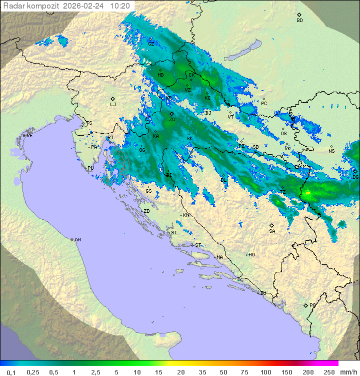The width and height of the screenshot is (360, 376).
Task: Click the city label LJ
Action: click(x=113, y=105)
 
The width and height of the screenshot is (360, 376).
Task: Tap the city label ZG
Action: click(x=172, y=120)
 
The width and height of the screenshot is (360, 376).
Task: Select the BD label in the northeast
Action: click(x=299, y=21)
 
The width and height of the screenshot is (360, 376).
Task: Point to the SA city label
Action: click(x=272, y=231)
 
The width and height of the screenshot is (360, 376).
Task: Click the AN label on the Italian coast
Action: click(x=77, y=240)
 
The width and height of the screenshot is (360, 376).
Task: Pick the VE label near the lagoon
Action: click(x=29, y=136)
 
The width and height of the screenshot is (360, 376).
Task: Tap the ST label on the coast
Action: click(x=198, y=245)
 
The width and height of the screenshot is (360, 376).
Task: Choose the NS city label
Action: click(x=331, y=151)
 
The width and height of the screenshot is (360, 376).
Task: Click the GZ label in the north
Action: click(x=151, y=44)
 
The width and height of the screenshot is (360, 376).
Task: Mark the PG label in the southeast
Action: click(x=312, y=305)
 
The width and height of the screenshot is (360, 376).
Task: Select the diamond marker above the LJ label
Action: click(x=113, y=99)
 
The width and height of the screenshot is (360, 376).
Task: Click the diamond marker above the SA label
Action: click(x=272, y=225)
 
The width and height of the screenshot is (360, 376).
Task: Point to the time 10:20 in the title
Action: click(x=120, y=6)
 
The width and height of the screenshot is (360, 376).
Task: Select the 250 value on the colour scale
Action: click(x=329, y=372)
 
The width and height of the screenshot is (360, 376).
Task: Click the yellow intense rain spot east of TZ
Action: click(x=308, y=192)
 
